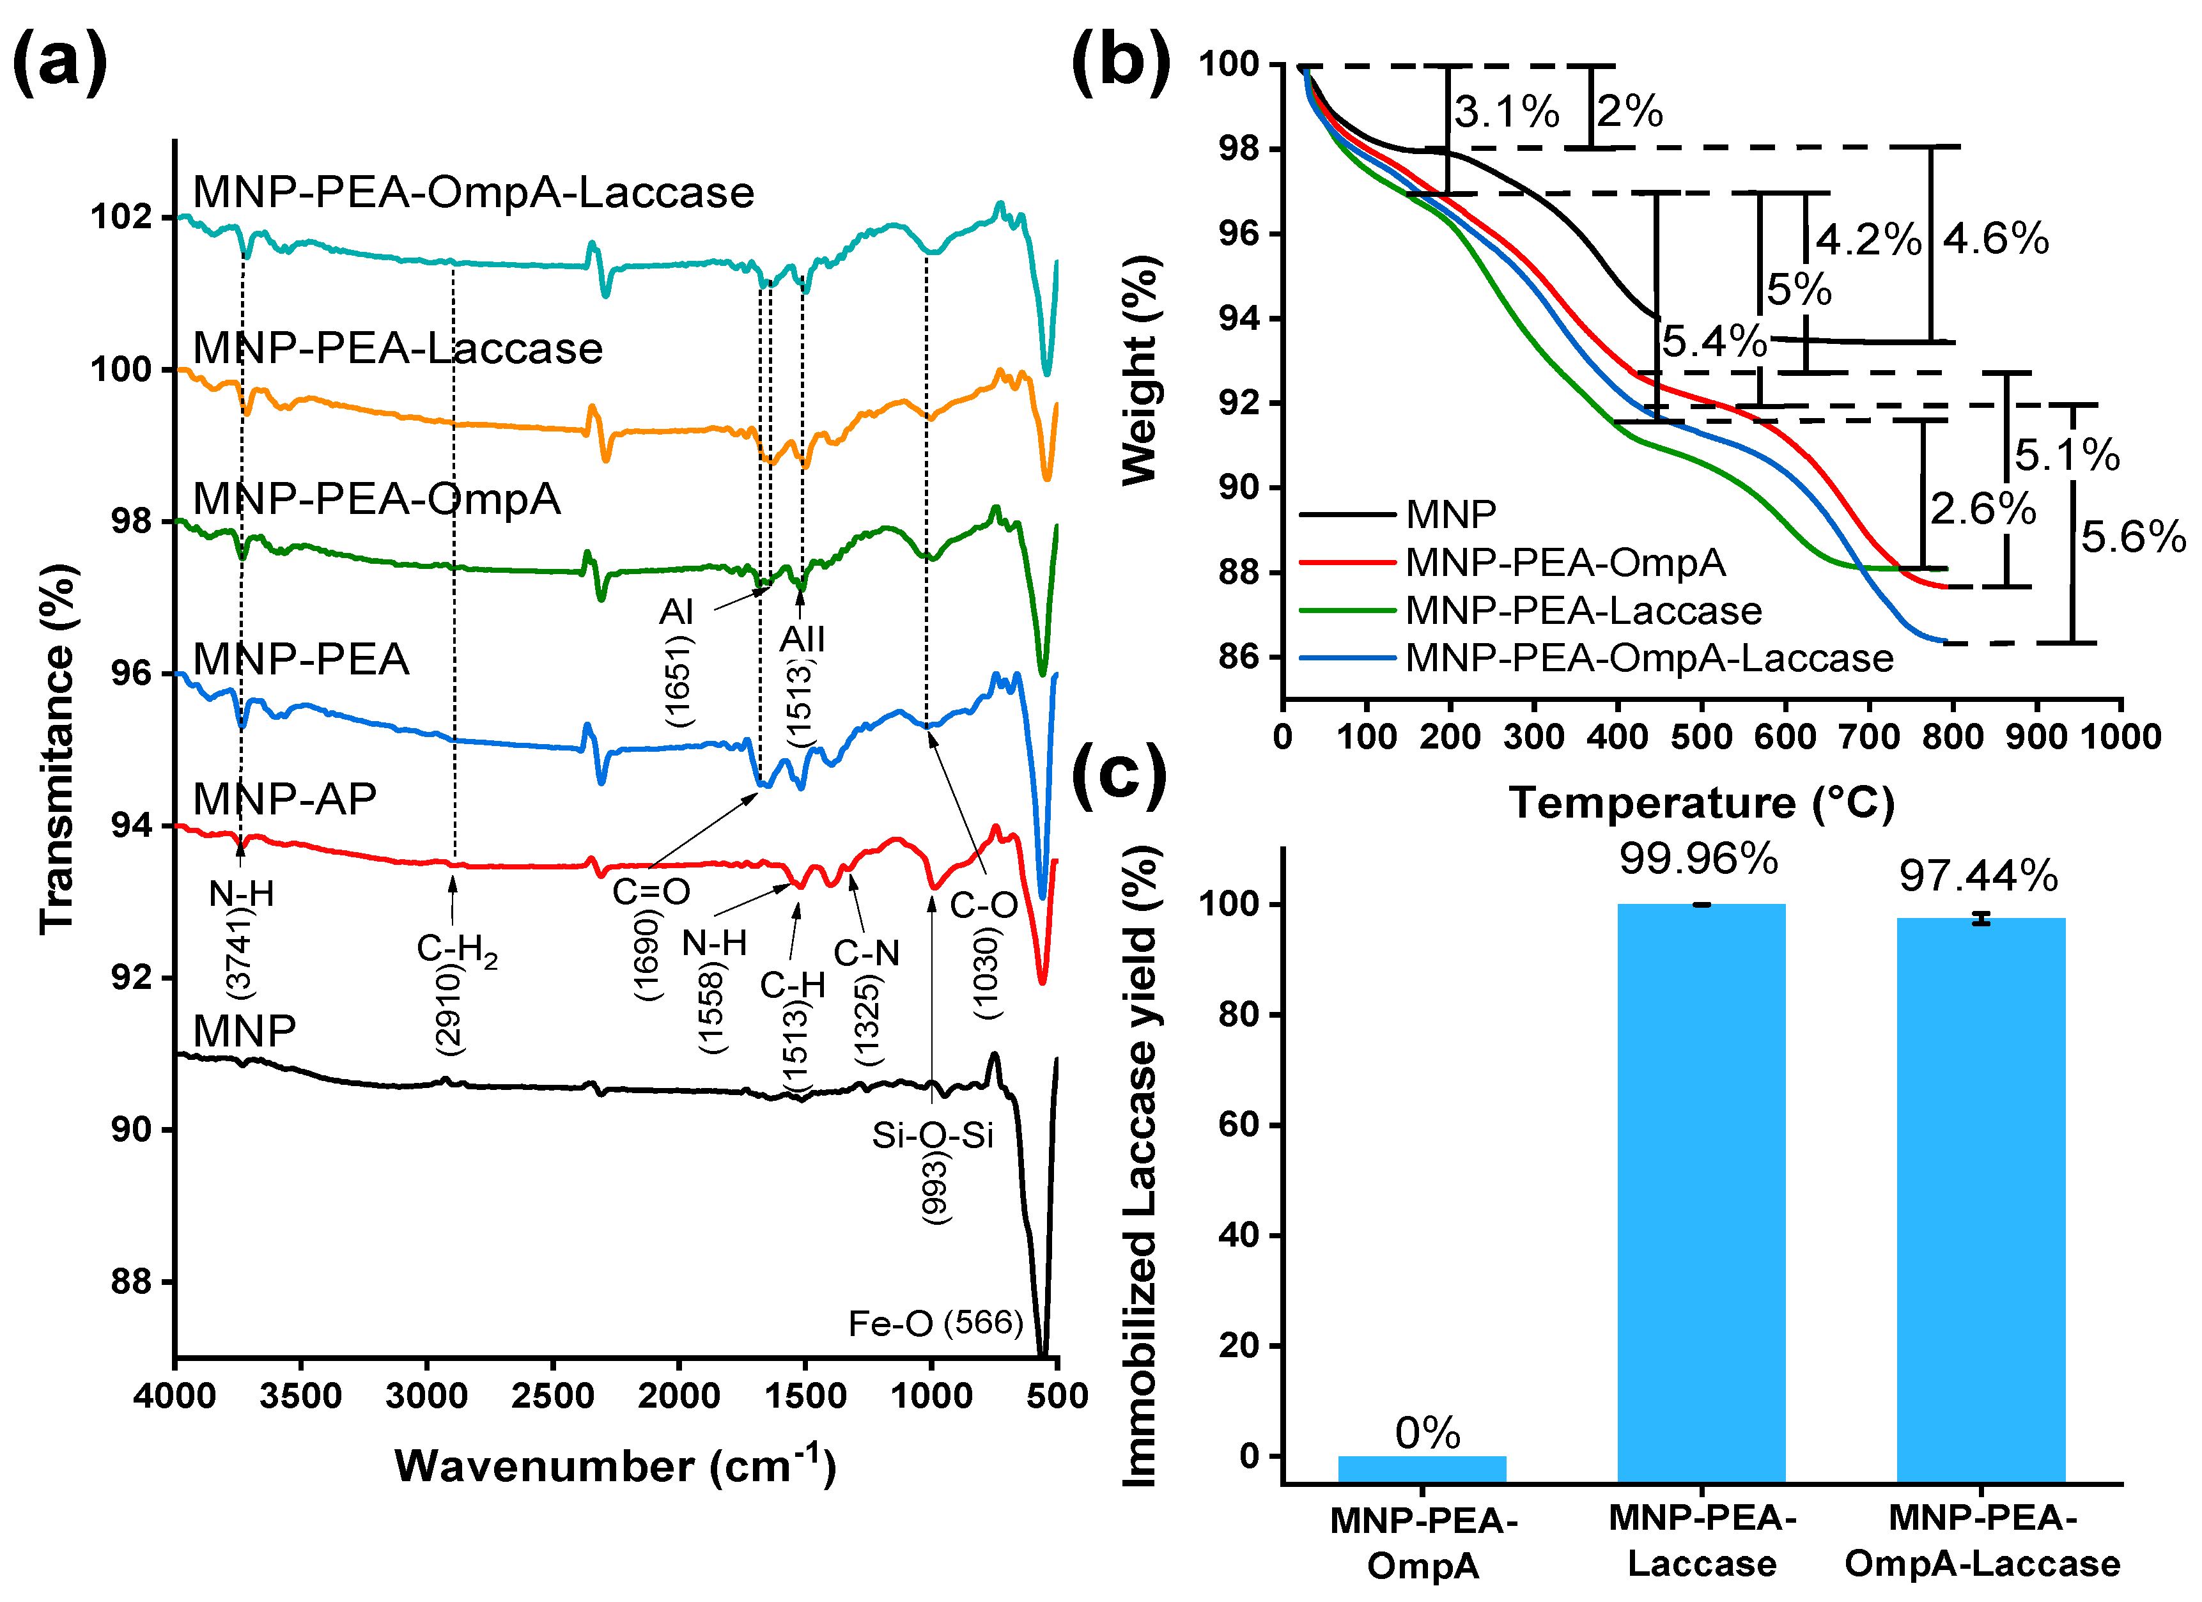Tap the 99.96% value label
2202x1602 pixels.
pos(1698,859)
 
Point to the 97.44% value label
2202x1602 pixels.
pos(1979,876)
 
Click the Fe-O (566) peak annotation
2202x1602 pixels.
pos(935,1323)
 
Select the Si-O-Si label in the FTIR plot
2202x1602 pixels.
pos(932,1135)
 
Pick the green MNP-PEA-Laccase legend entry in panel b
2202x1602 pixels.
pos(1583,610)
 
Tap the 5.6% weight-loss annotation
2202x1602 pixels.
pos(2132,537)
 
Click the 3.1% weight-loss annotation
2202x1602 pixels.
pos(1506,112)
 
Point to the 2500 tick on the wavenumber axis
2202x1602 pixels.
pos(552,1396)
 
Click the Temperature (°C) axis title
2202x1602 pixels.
pos(1701,803)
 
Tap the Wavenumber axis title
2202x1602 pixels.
pos(616,1466)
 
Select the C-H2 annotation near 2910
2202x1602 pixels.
pos(456,949)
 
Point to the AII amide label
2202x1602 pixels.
pos(802,639)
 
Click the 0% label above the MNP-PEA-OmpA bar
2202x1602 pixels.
pos(1426,1433)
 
